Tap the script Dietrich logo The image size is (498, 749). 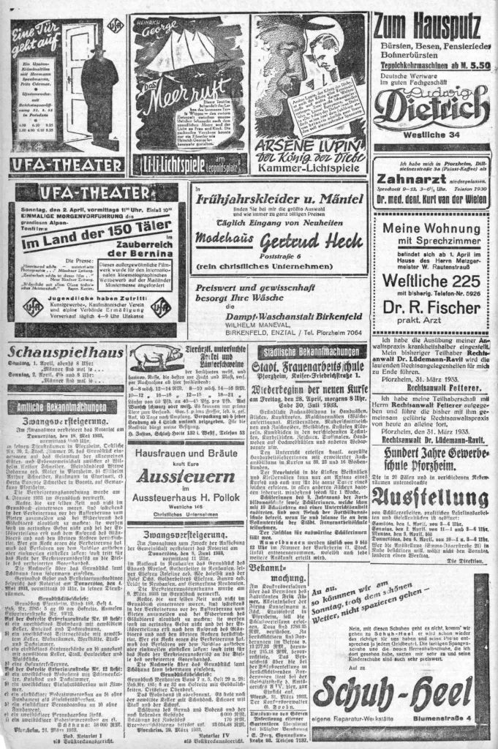click(x=431, y=109)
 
